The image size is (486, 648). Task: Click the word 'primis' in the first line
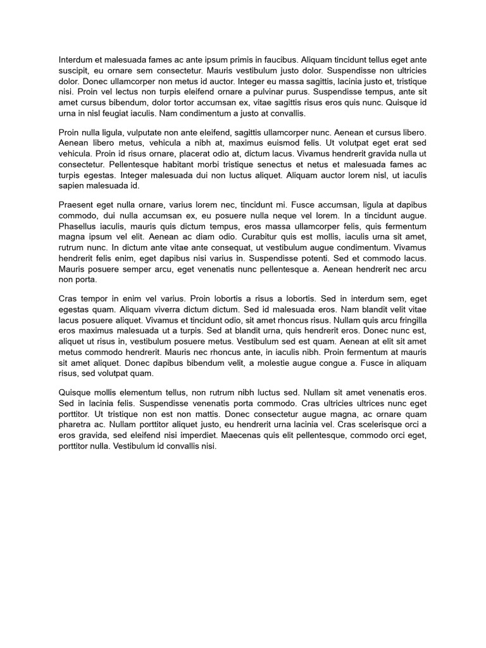(240, 60)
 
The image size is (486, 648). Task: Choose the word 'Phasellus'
(79, 226)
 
